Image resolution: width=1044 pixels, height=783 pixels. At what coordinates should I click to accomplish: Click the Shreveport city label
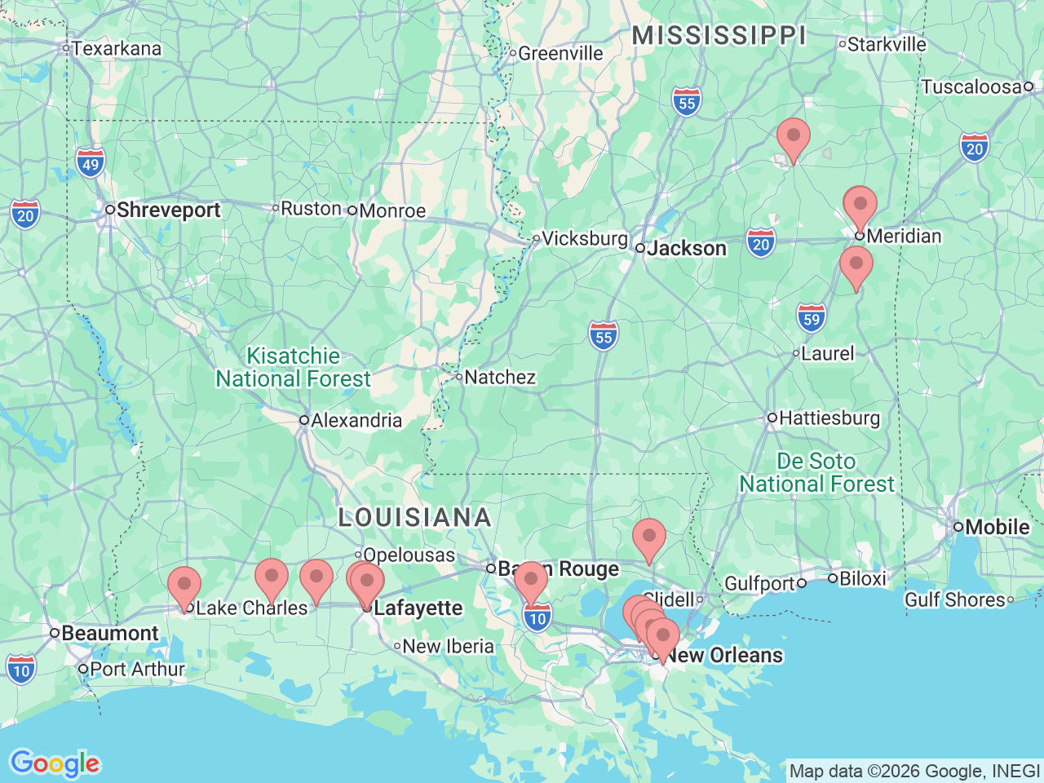click(x=168, y=210)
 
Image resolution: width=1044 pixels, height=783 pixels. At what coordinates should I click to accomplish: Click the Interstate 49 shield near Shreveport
click(x=91, y=164)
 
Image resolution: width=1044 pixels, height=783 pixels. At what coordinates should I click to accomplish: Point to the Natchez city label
click(x=500, y=378)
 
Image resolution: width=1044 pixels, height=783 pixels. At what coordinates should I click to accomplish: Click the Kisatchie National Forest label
click(x=293, y=368)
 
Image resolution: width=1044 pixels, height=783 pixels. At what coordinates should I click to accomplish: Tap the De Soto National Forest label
click(x=816, y=473)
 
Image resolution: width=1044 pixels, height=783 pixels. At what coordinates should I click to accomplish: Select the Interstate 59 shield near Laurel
click(x=812, y=319)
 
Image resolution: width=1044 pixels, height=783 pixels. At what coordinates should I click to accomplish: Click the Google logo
click(x=55, y=763)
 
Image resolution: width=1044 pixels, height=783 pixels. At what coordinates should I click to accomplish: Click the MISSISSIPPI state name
click(x=719, y=36)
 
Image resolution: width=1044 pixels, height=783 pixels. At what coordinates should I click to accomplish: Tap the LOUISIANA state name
click(x=414, y=518)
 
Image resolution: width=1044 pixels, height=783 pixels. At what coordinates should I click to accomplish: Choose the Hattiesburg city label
click(x=829, y=418)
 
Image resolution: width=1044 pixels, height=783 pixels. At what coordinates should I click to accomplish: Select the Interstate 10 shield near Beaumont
click(x=21, y=670)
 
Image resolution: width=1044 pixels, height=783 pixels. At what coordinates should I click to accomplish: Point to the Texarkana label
click(x=117, y=49)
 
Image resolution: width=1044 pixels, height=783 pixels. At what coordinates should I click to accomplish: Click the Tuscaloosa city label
click(x=971, y=87)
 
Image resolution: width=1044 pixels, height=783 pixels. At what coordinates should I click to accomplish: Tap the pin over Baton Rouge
click(x=531, y=582)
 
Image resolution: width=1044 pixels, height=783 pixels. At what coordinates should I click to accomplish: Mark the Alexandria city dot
click(x=303, y=421)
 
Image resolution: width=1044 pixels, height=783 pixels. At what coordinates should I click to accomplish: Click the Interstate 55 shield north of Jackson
click(x=688, y=103)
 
